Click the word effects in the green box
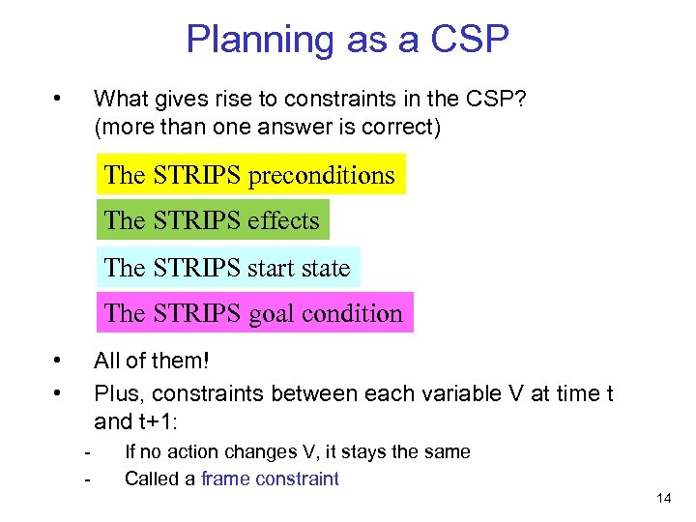click(x=282, y=220)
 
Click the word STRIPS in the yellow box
click(x=197, y=175)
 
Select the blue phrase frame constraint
click(x=270, y=478)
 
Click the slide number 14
click(x=663, y=499)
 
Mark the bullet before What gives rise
click(x=59, y=99)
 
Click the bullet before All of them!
click(x=59, y=362)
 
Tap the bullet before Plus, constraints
click(x=59, y=392)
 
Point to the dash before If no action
click(x=87, y=452)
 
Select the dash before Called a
click(x=87, y=478)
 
